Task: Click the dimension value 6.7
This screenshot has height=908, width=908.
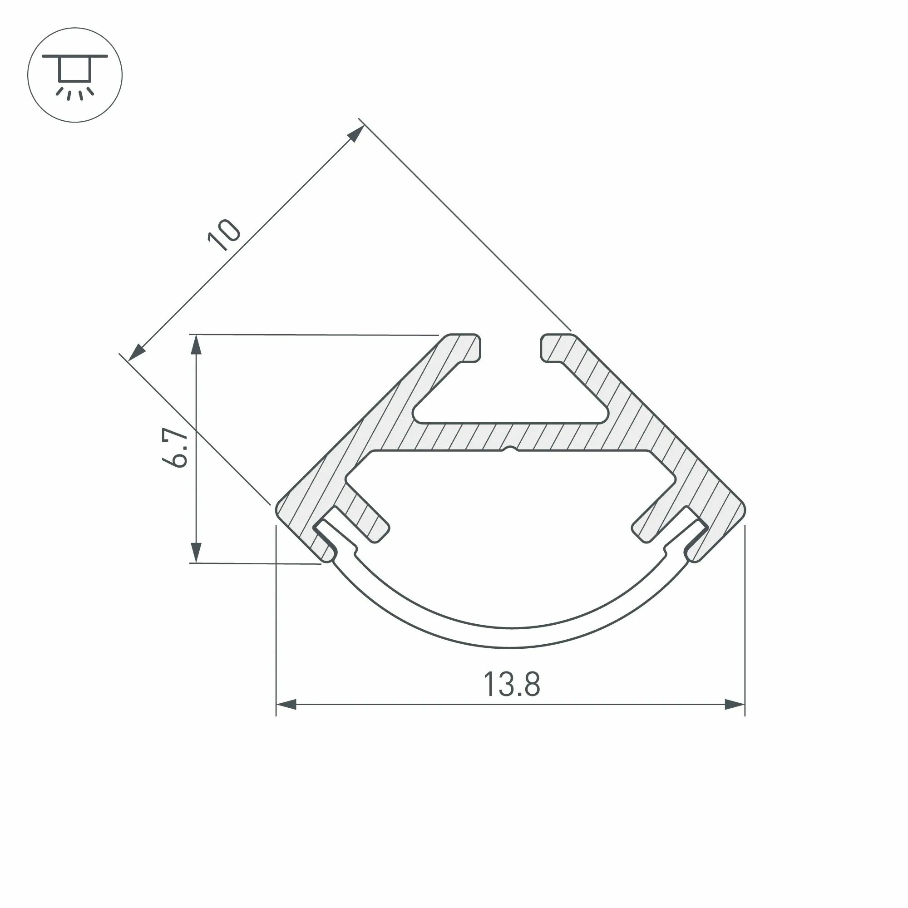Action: coord(175,449)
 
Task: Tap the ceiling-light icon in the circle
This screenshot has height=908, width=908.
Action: coord(75,75)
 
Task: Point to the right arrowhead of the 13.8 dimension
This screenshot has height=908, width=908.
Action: coord(735,718)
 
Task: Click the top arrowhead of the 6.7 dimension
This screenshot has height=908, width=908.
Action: coord(196,345)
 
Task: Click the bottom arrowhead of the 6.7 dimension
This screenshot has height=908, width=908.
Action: coord(196,552)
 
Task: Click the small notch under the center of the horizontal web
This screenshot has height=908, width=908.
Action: coord(510,450)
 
